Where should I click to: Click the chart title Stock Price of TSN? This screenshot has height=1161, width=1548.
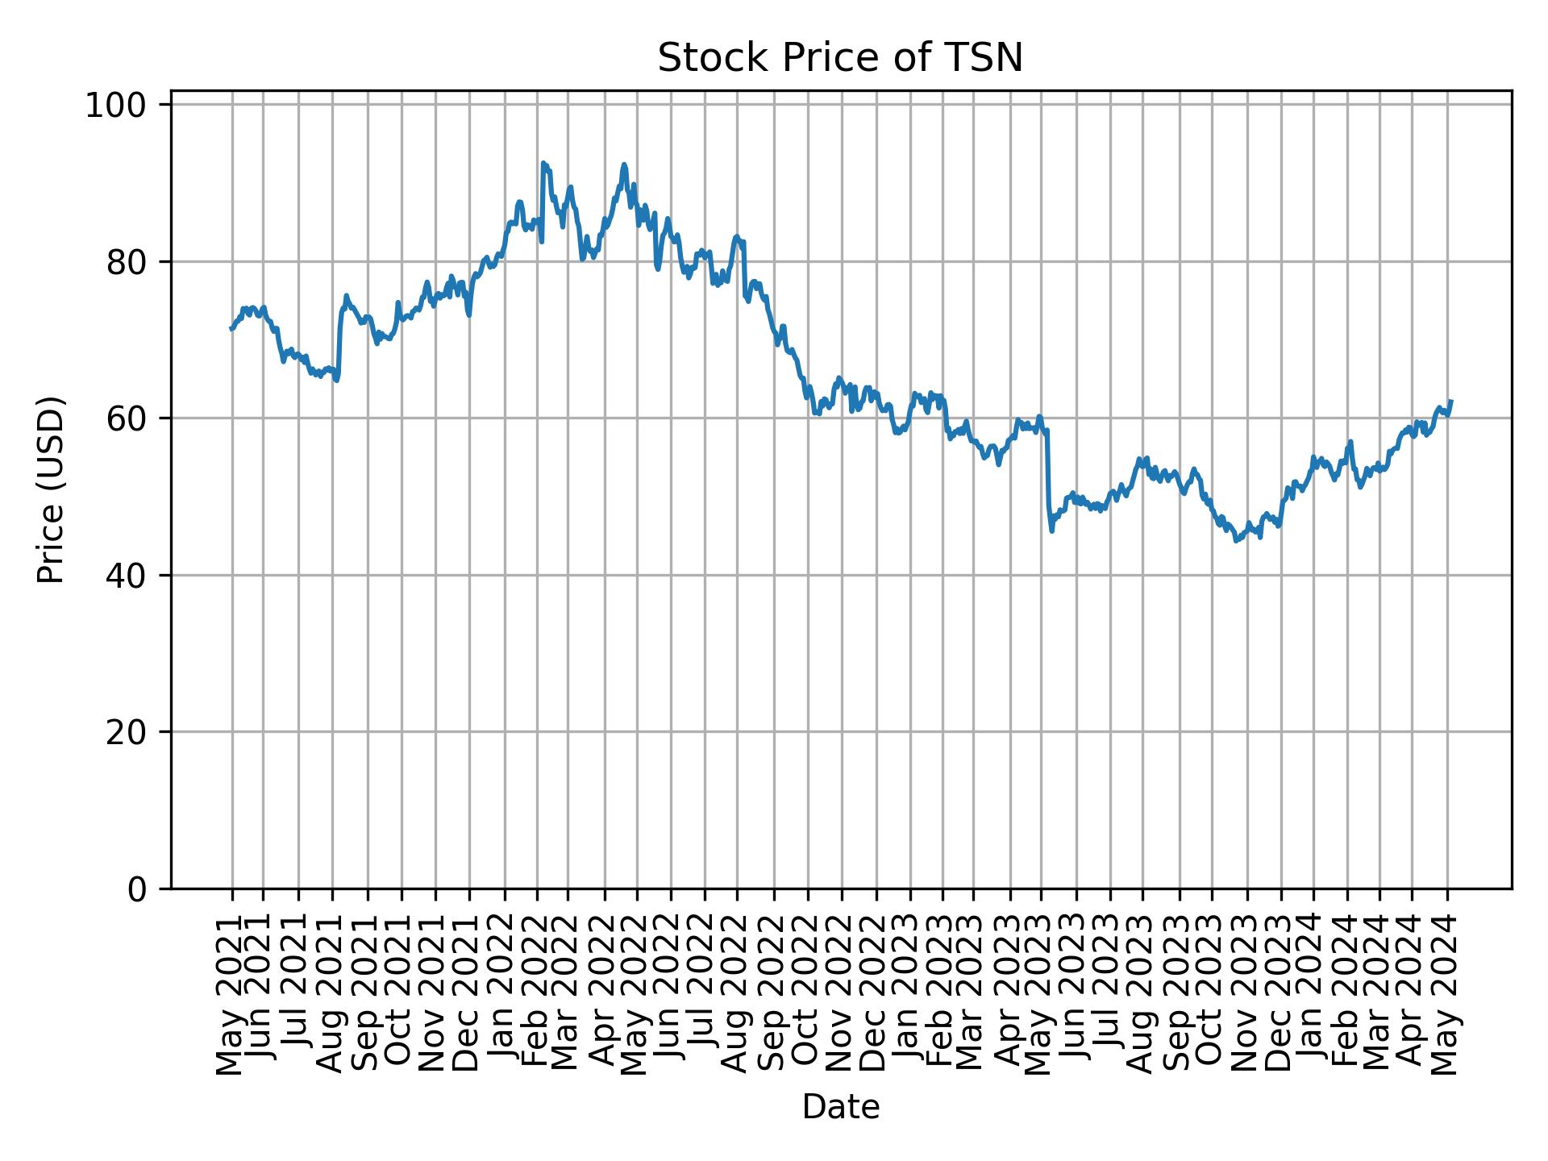840,58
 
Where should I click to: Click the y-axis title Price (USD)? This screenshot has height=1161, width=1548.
51,489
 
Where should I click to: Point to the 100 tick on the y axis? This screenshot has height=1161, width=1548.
126,105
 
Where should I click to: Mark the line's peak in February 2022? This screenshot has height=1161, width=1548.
543,163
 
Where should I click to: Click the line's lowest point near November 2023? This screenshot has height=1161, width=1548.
1235,541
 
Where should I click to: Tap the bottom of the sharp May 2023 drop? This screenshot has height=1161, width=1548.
1051,530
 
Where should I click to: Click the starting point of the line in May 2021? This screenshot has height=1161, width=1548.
231,328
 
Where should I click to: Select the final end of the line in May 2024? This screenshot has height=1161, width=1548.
1451,401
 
